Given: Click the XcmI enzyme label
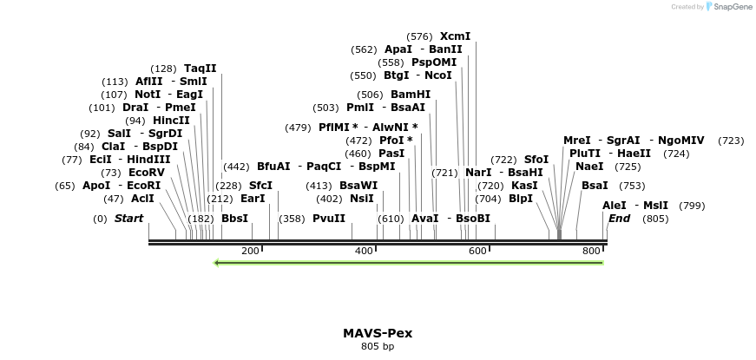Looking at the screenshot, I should tap(455, 36).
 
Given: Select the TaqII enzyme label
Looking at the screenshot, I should tap(200, 68).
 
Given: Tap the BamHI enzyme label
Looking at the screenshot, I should tap(410, 95).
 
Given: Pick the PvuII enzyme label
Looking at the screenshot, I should tap(329, 219).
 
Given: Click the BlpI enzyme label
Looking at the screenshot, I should tap(520, 198).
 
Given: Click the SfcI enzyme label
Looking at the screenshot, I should tap(260, 186).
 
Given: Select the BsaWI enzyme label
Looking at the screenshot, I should tap(358, 186).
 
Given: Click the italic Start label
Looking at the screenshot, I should tap(128, 219).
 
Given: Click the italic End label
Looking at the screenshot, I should tap(619, 219).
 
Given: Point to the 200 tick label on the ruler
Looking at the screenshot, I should tap(250, 252).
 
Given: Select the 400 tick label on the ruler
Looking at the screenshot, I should tap(364, 252).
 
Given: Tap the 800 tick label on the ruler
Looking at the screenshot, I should tap(591, 252).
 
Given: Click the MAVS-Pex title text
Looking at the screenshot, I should tap(378, 333).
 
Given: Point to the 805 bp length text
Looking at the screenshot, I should tap(378, 347).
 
